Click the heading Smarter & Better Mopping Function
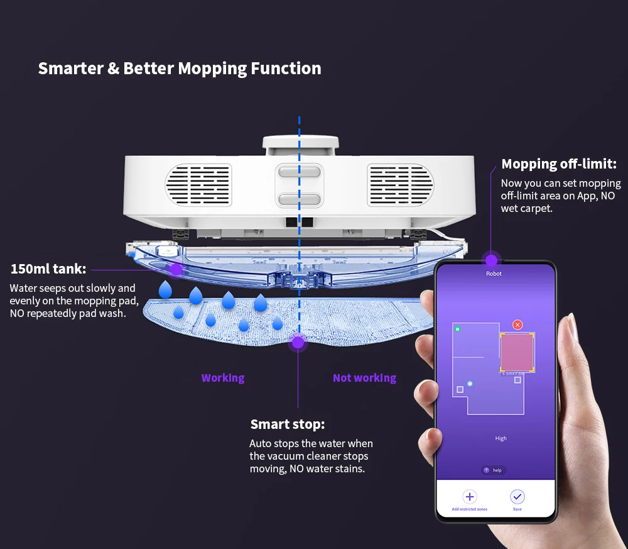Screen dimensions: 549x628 click(180, 69)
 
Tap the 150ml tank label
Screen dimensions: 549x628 click(48, 269)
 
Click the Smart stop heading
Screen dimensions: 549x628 click(287, 424)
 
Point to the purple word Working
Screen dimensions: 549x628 click(223, 378)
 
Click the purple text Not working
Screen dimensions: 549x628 click(364, 378)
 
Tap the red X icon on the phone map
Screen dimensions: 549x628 click(517, 324)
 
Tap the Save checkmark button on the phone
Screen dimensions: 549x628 click(517, 497)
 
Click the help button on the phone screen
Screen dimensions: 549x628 click(494, 470)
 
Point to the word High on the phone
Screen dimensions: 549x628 click(501, 438)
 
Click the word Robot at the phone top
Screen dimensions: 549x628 click(494, 274)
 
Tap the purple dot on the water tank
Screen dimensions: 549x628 click(176, 269)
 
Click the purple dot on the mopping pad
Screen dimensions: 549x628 click(298, 343)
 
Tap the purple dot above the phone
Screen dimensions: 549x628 click(491, 260)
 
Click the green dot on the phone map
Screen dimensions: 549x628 click(457, 329)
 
